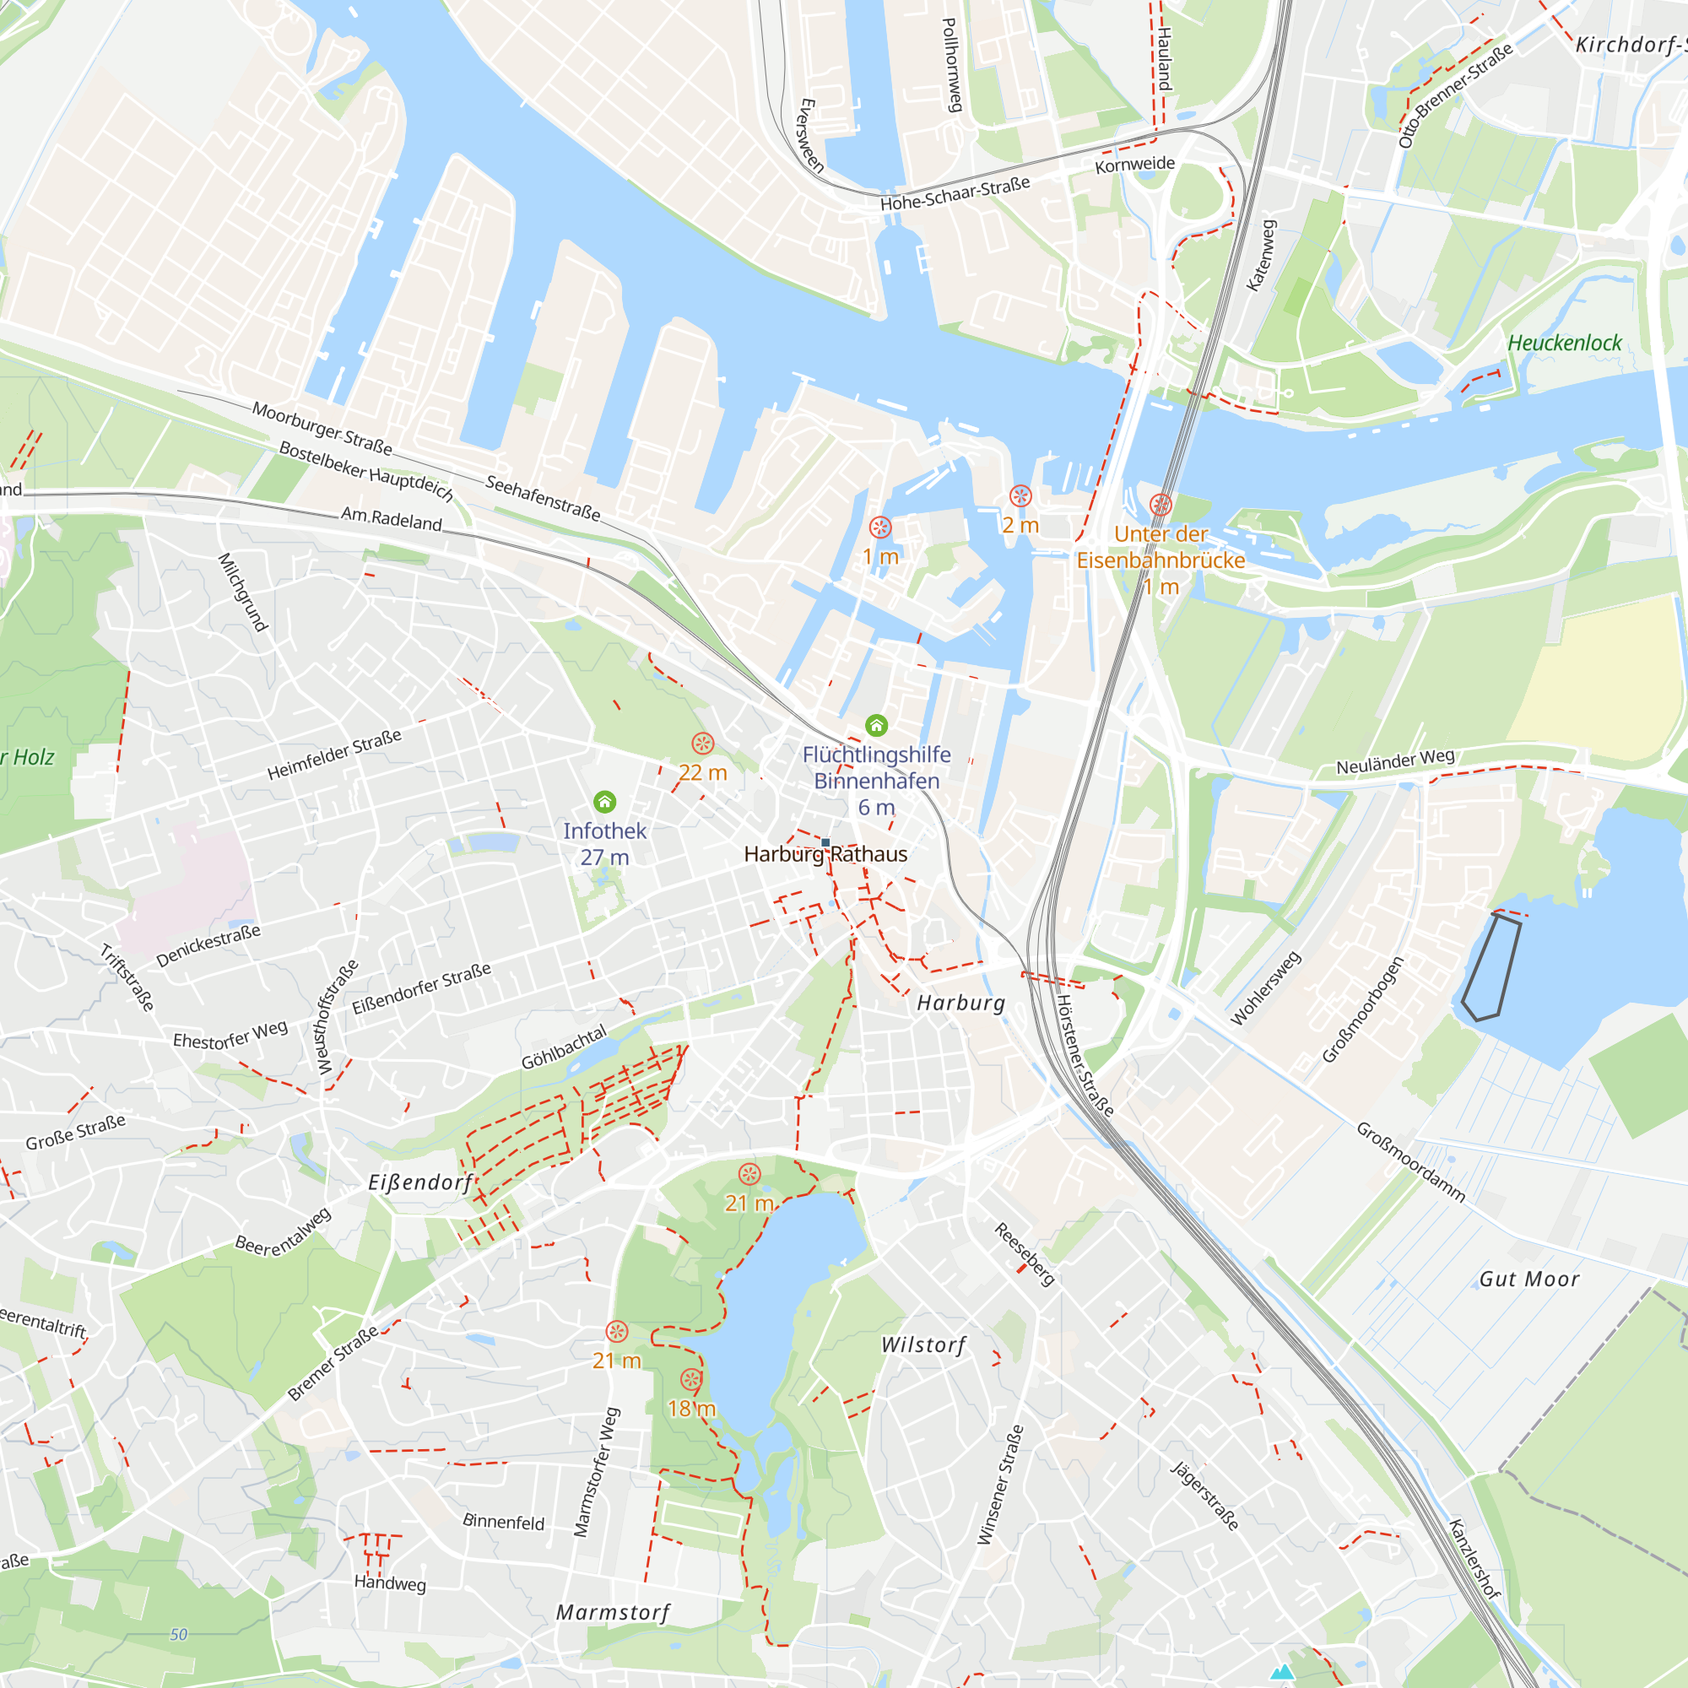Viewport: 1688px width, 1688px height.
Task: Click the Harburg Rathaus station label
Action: click(x=825, y=853)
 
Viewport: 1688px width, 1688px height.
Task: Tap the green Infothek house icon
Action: click(x=604, y=801)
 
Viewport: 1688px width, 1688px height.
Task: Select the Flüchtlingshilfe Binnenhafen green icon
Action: click(x=876, y=725)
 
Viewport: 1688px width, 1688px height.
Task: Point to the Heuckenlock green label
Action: click(x=1564, y=343)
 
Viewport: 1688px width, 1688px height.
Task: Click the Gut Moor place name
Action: click(x=1529, y=1280)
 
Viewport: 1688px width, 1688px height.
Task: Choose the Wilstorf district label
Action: click(x=923, y=1344)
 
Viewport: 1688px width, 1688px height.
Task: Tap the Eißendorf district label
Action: click(x=420, y=1182)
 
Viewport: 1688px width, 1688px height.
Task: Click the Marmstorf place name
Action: click(x=614, y=1612)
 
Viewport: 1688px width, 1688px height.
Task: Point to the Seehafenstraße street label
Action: click(x=543, y=498)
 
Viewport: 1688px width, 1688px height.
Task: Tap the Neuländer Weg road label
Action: click(x=1395, y=761)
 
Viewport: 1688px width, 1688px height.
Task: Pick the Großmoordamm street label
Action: click(x=1410, y=1162)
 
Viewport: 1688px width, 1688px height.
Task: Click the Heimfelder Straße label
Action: click(x=334, y=754)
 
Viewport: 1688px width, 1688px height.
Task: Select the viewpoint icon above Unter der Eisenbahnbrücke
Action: click(x=1160, y=504)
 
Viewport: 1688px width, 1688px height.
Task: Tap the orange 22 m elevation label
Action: click(x=702, y=772)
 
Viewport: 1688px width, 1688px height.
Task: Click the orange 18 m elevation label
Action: click(x=691, y=1409)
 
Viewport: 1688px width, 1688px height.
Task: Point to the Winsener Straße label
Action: click(x=1000, y=1485)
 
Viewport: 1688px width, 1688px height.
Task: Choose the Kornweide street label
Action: click(x=1135, y=165)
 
